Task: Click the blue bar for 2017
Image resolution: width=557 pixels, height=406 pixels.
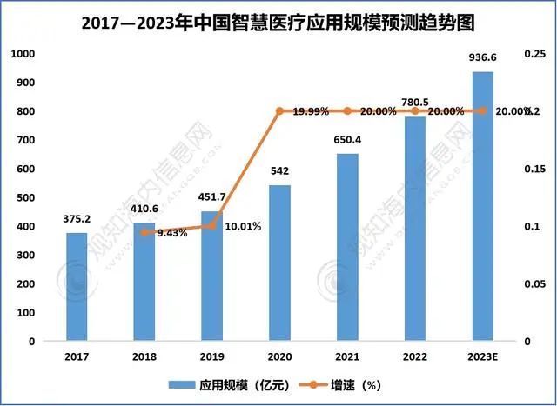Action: point(77,287)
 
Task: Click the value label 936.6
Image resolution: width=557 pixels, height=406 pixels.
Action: point(482,58)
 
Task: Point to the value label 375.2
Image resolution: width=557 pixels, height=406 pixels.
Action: point(77,220)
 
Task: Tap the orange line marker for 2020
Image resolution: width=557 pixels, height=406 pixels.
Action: point(279,111)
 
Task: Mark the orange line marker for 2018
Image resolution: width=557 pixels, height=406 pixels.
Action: point(144,233)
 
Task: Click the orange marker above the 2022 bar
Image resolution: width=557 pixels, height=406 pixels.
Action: point(415,111)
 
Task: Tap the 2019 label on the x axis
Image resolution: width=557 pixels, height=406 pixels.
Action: point(211,356)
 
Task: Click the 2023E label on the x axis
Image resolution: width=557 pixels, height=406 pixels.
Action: point(482,356)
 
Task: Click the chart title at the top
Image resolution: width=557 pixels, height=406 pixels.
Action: point(278,20)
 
